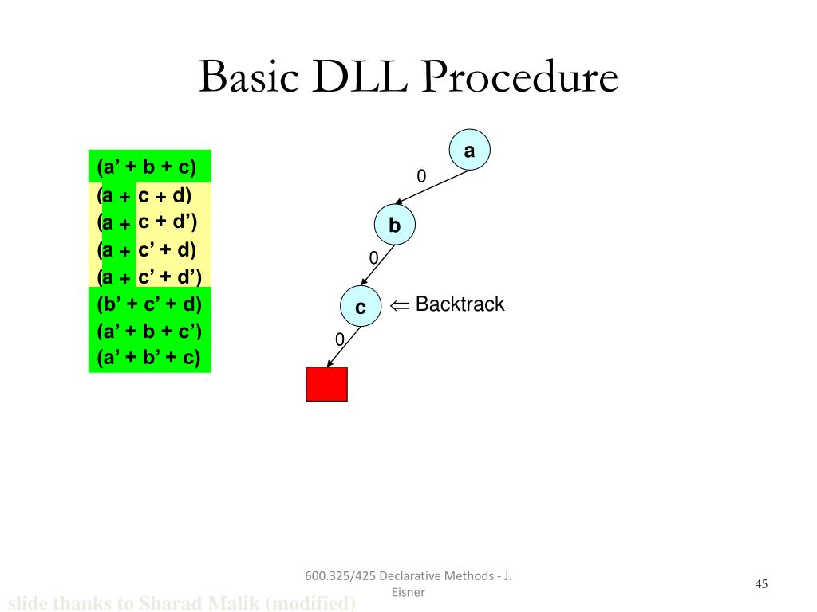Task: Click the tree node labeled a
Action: tap(469, 151)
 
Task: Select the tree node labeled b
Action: tap(395, 226)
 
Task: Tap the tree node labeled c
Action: tap(361, 307)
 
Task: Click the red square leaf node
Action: tap(327, 384)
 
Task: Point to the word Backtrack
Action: tap(460, 304)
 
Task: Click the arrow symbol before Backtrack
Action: tap(399, 305)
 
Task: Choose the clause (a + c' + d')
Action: tap(149, 277)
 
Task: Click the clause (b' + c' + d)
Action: tap(149, 304)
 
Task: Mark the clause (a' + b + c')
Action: tap(149, 331)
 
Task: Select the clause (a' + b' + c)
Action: tap(149, 358)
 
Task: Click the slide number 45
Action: tap(761, 585)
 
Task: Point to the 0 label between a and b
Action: tap(421, 175)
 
